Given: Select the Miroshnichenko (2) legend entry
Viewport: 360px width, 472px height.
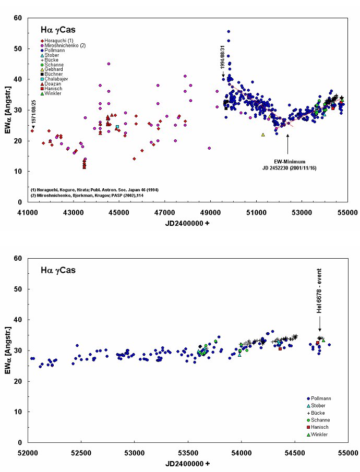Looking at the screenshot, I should [x=64, y=45].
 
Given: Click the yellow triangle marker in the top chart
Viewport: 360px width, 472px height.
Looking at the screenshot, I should [x=263, y=135].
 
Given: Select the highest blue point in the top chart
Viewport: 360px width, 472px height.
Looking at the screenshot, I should [x=229, y=31].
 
